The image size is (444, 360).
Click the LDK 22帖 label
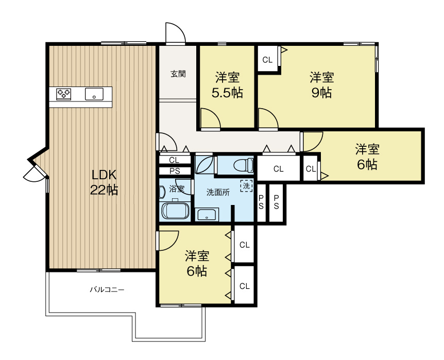tap(104, 182)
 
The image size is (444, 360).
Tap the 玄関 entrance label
tap(178, 74)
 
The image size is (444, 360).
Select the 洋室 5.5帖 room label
tap(227, 85)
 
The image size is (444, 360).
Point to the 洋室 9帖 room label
tap(322, 85)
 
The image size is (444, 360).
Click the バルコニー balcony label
tap(107, 290)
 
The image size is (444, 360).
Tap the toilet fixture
tap(244, 165)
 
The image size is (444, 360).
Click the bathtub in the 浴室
tap(175, 211)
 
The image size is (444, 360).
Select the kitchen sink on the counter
tap(94, 94)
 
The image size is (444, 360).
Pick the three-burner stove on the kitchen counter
tap(64, 94)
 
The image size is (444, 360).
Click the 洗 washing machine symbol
tap(246, 186)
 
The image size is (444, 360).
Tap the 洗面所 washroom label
tap(218, 193)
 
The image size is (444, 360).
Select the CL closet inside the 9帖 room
tap(268, 60)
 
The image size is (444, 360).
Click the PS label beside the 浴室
tap(175, 171)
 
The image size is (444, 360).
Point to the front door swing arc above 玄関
tap(176, 33)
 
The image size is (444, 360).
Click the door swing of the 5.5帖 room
tap(210, 118)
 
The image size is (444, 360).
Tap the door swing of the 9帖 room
tap(268, 118)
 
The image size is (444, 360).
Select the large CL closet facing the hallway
tap(278, 169)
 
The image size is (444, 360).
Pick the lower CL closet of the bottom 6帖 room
tap(244, 286)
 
